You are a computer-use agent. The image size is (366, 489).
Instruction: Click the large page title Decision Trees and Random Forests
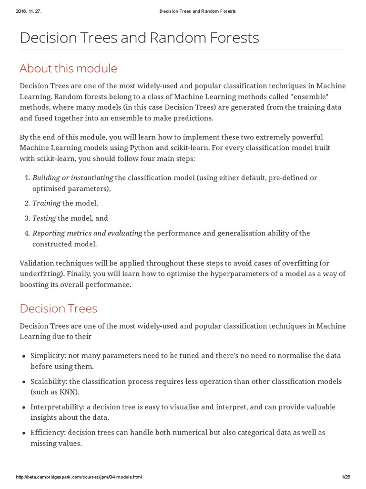coord(139,38)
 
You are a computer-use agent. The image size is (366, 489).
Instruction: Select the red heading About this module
coord(68,68)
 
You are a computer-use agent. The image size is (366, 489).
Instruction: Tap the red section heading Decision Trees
coord(58,308)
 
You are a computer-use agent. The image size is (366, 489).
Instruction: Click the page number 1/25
coord(346,477)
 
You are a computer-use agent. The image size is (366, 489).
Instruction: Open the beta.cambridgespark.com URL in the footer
coord(79,477)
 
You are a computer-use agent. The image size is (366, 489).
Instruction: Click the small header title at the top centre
coord(197,11)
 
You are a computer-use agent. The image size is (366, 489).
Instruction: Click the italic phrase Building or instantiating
coord(72,178)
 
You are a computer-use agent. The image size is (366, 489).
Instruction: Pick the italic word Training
coord(46,203)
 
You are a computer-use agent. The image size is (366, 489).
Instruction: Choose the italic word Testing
coord(44,218)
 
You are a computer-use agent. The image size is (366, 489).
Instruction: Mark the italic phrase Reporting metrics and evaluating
coord(87,234)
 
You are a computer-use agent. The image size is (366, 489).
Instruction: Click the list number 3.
coord(27,218)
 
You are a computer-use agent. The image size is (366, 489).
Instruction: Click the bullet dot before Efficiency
coord(23,433)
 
